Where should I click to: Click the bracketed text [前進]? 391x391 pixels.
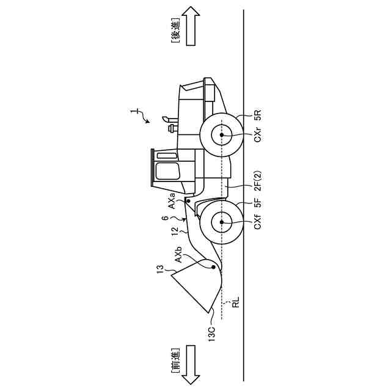[x=174, y=365]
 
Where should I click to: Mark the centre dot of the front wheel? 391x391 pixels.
[x=221, y=224]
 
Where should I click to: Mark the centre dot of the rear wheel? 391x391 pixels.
[x=221, y=135]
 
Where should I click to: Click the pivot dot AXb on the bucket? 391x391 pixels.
[x=212, y=266]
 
